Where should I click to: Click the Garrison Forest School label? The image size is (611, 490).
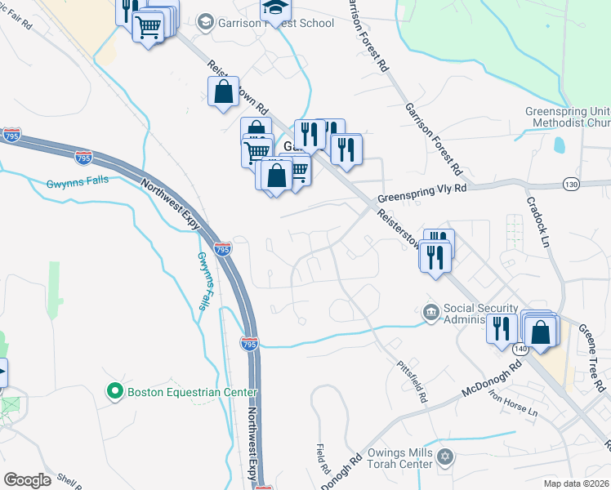[x=275, y=23]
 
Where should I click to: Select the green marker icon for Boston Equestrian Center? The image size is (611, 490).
[x=116, y=392]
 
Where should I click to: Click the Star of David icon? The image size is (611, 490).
[x=444, y=455]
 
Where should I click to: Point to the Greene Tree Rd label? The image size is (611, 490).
[x=594, y=352]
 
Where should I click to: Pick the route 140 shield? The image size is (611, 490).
[x=522, y=349]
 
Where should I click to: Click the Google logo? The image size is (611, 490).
[x=28, y=479]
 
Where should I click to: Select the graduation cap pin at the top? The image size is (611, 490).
[x=275, y=8]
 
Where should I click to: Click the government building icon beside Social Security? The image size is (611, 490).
[x=430, y=313]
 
